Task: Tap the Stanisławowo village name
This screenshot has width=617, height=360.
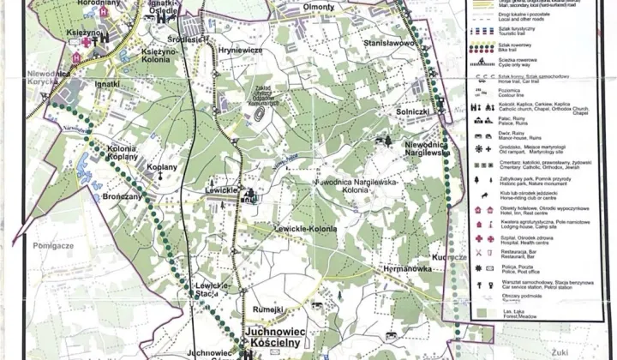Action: (x=365, y=42)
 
